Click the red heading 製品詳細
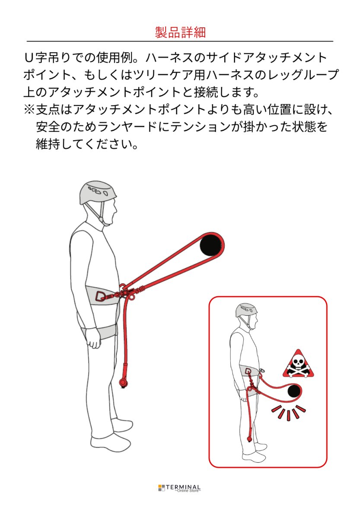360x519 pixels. [x=180, y=32]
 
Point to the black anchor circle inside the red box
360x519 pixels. [x=294, y=391]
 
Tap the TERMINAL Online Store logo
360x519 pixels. [x=180, y=488]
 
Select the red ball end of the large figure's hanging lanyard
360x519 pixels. [x=124, y=383]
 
